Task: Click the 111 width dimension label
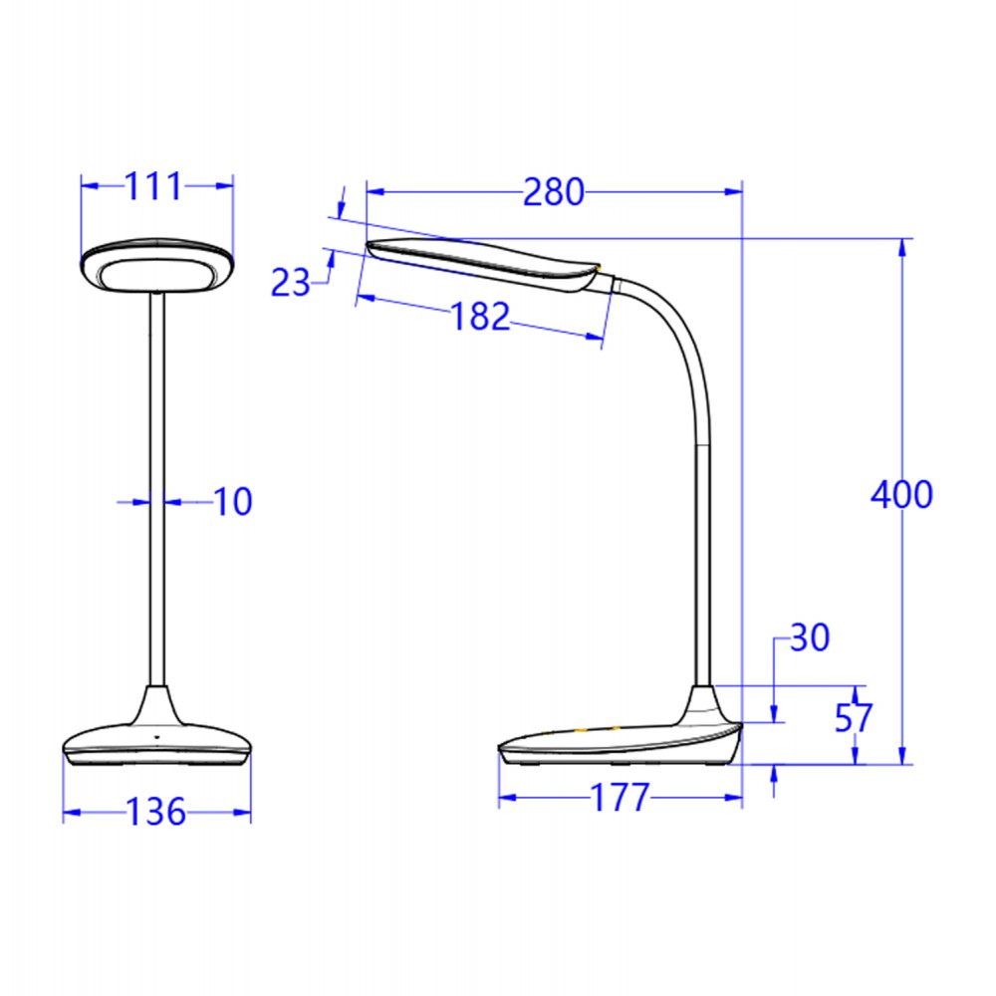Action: pyautogui.click(x=153, y=185)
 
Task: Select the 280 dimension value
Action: pyautogui.click(x=553, y=191)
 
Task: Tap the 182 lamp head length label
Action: pyautogui.click(x=480, y=317)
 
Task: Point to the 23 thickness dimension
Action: pyautogui.click(x=291, y=284)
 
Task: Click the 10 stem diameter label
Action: pyautogui.click(x=233, y=502)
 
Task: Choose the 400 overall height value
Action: pyautogui.click(x=901, y=494)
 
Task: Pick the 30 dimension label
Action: pyautogui.click(x=809, y=637)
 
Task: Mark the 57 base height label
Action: pyautogui.click(x=854, y=718)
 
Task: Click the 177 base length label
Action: pyautogui.click(x=619, y=798)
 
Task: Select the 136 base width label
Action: pyautogui.click(x=156, y=812)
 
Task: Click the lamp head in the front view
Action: pyautogui.click(x=157, y=267)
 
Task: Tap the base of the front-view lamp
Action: pyautogui.click(x=156, y=742)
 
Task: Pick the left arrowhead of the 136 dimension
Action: pyautogui.click(x=70, y=813)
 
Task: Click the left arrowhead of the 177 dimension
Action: pyautogui.click(x=505, y=798)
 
